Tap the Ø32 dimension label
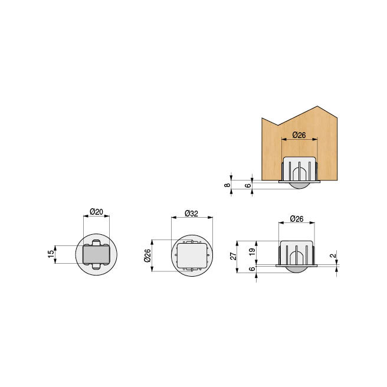tap(191, 213)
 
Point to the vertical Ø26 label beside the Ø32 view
tap(147, 255)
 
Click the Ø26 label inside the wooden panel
tap(299, 135)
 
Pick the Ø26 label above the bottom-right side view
tap(297, 219)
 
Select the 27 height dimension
tap(234, 256)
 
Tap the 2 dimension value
tap(334, 257)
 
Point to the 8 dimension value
tap(227, 185)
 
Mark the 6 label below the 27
tap(252, 269)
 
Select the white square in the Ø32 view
tap(191, 255)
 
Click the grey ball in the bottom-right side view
tap(297, 269)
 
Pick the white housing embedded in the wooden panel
tap(299, 168)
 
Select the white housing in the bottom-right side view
tap(297, 251)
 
